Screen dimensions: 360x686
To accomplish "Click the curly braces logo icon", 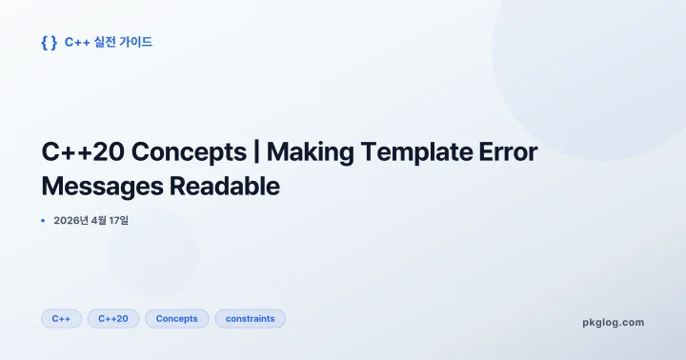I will pyautogui.click(x=49, y=42).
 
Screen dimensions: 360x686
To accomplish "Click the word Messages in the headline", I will pyautogui.click(x=102, y=187).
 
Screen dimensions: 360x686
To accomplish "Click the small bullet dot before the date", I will pyautogui.click(x=43, y=221).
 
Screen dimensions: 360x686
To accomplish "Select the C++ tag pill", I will pyautogui.click(x=61, y=319).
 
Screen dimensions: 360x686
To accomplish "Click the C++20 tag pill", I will pyautogui.click(x=113, y=319).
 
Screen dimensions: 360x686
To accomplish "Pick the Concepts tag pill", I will pyautogui.click(x=176, y=319).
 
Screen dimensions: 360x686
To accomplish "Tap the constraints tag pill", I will pyautogui.click(x=250, y=319).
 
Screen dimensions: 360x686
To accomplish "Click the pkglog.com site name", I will pyautogui.click(x=613, y=323).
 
